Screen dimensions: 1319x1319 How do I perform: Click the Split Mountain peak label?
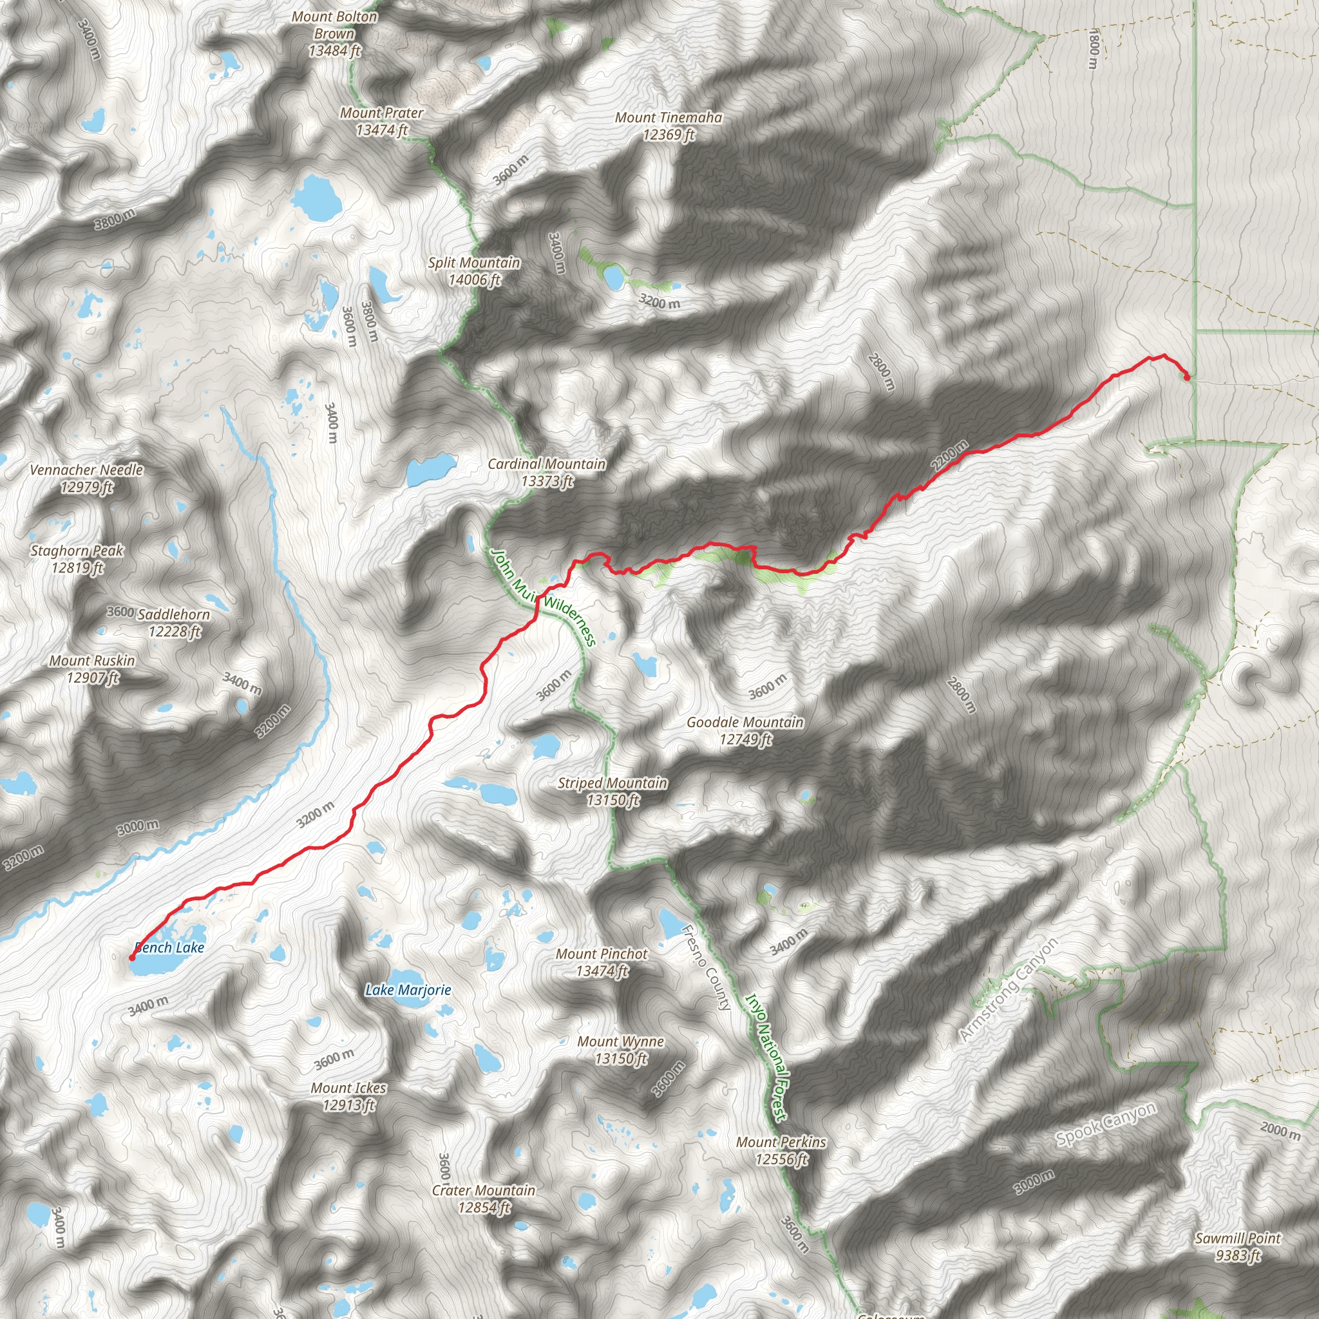click(x=475, y=271)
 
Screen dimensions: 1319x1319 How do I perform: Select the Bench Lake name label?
click(x=170, y=947)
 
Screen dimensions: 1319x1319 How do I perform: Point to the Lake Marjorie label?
click(x=408, y=990)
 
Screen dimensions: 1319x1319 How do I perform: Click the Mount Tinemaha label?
click(x=669, y=126)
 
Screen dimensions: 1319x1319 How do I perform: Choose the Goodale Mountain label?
click(x=745, y=730)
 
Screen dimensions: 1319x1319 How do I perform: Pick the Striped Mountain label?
click(x=612, y=792)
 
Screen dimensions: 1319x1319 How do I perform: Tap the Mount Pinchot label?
click(x=602, y=962)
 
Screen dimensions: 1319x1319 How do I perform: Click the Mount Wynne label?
click(x=621, y=1050)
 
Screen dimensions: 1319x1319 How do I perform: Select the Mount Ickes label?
click(x=348, y=1096)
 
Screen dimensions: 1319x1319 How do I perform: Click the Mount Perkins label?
click(x=781, y=1150)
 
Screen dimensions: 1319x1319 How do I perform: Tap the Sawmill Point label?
click(x=1238, y=1247)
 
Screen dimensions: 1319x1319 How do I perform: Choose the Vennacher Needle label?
click(x=87, y=478)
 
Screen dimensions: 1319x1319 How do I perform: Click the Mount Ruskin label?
click(x=92, y=669)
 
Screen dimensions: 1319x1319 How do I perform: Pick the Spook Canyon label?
click(x=1106, y=1124)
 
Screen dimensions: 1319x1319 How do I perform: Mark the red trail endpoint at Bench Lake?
click(x=132, y=958)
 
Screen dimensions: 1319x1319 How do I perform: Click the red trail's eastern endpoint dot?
click(x=1186, y=377)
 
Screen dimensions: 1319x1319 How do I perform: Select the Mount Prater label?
click(x=382, y=121)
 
